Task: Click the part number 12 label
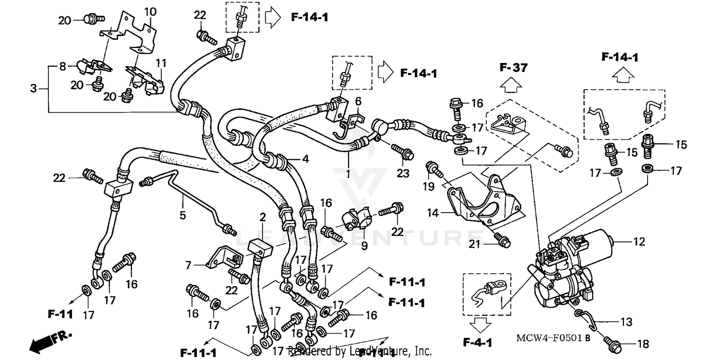click(639, 242)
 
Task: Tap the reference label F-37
click(513, 68)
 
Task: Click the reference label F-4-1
click(478, 343)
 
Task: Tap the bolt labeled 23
click(406, 154)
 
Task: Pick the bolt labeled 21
click(503, 242)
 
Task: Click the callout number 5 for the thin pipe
click(182, 215)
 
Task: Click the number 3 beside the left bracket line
click(33, 89)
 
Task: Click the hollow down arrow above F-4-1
click(478, 326)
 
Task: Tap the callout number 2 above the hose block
click(262, 218)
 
